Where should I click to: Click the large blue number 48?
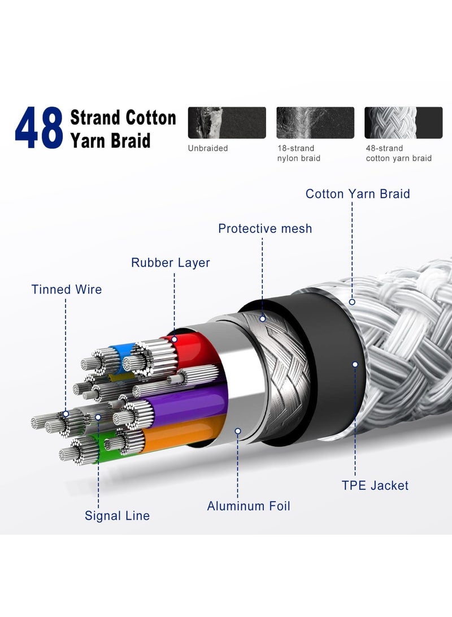pyautogui.click(x=39, y=128)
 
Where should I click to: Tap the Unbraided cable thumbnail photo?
pyautogui.click(x=227, y=123)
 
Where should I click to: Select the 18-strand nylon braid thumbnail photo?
pyautogui.click(x=315, y=123)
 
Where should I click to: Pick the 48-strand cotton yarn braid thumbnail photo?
pyautogui.click(x=403, y=123)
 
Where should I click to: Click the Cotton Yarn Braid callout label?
pyautogui.click(x=358, y=193)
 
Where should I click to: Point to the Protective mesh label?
pyautogui.click(x=265, y=228)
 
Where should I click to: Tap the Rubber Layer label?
pyautogui.click(x=171, y=262)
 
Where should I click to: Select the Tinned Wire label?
pyautogui.click(x=67, y=289)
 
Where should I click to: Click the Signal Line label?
pyautogui.click(x=117, y=515)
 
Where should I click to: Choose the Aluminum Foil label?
pyautogui.click(x=249, y=506)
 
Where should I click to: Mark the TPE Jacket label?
pyautogui.click(x=375, y=485)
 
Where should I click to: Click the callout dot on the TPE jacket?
pyautogui.click(x=355, y=364)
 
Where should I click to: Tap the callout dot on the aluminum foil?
pyautogui.click(x=237, y=431)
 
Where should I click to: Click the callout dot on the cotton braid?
pyautogui.click(x=352, y=302)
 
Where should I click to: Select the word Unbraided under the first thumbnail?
pyautogui.click(x=208, y=148)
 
